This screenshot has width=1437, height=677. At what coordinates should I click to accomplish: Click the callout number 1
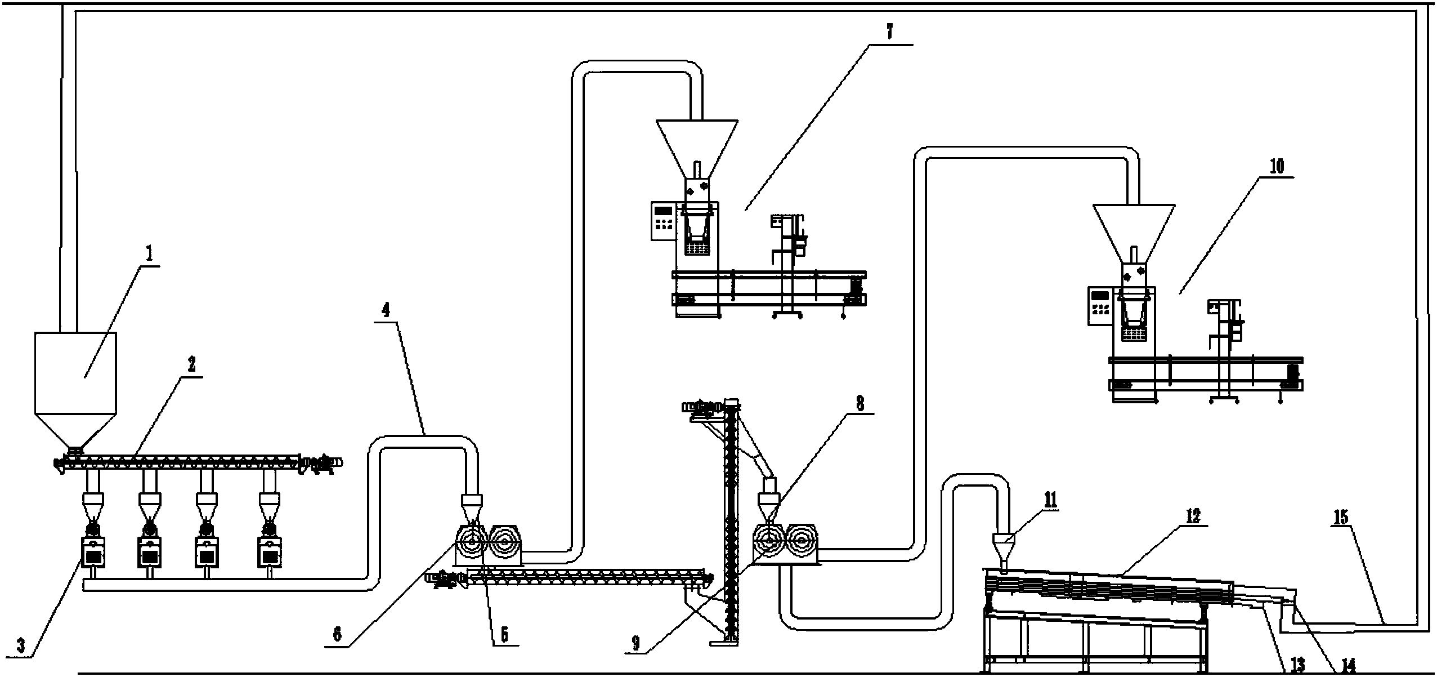coord(149,255)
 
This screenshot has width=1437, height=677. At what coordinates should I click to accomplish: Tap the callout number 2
coord(191,365)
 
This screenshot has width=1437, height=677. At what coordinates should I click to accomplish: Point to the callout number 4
coord(386,311)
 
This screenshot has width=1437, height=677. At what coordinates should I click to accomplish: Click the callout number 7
coord(889,33)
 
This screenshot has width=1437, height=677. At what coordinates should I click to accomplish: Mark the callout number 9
coord(636,644)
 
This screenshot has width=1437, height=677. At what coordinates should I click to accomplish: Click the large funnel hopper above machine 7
coord(697,149)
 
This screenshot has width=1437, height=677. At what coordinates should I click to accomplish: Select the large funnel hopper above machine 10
coord(1134,234)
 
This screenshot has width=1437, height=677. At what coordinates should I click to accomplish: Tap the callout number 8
coord(859,403)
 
